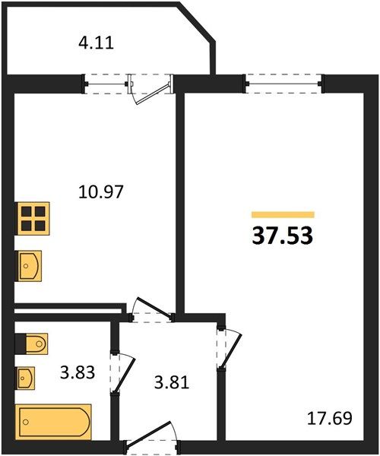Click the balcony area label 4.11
(x=96, y=43)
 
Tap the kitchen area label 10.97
(x=101, y=192)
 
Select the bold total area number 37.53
(x=282, y=236)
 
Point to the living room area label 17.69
(x=330, y=418)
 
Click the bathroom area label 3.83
(x=78, y=372)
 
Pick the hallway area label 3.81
(x=172, y=383)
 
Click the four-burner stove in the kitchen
(x=33, y=219)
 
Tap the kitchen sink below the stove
(x=30, y=266)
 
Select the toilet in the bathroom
(x=37, y=344)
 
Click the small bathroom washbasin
(x=26, y=378)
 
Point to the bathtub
(x=53, y=422)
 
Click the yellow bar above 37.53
(x=283, y=214)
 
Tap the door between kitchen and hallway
(x=152, y=310)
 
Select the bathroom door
(x=123, y=374)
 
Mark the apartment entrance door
(x=152, y=437)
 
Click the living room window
(x=283, y=84)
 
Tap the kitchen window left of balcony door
(x=106, y=84)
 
